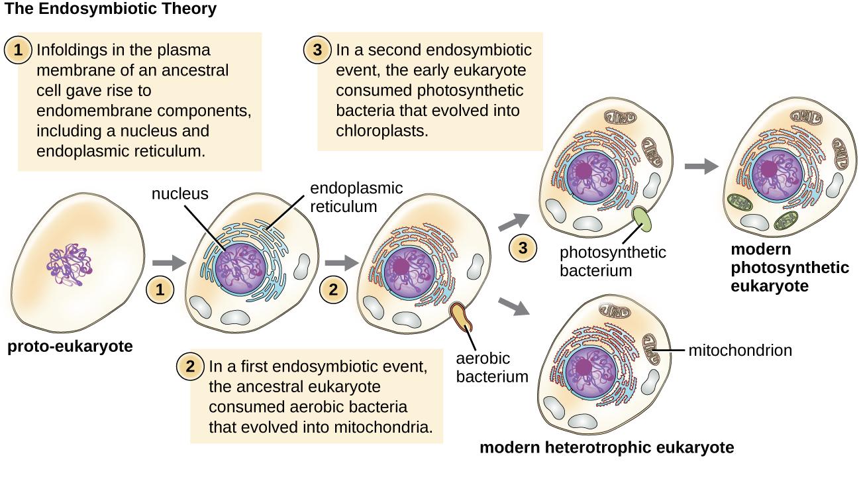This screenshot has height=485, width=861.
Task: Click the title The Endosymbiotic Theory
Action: coord(110,9)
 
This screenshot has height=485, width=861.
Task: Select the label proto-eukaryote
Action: coord(70,347)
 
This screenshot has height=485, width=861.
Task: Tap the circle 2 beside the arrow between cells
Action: coord(333,290)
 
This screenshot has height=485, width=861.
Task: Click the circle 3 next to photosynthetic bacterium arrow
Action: coord(523,249)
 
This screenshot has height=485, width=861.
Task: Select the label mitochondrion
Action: coord(740,350)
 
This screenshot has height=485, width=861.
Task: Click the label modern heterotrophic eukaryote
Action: coord(606,447)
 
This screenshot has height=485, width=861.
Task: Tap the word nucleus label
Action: coord(180,194)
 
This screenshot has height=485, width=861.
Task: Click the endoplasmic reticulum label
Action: coord(343,197)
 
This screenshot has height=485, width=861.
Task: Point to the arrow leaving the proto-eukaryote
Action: coord(166,263)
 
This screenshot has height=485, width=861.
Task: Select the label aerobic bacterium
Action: coord(492,368)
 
